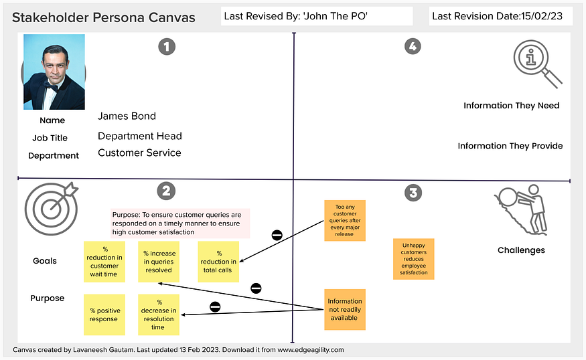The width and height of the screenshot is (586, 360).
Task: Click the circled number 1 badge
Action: [166, 46]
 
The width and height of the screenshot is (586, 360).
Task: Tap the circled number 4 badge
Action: [413, 46]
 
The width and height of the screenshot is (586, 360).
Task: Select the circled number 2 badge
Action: [166, 191]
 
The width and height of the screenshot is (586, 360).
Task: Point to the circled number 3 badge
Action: [413, 193]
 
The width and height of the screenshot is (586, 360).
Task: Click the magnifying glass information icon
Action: [537, 64]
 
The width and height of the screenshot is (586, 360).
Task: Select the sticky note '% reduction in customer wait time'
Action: [104, 261]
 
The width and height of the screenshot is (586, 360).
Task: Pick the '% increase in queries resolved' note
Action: [158, 261]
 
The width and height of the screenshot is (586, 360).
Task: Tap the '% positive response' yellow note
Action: [104, 314]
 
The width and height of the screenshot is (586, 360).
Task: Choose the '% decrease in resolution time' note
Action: [159, 314]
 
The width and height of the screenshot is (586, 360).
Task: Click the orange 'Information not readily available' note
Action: [344, 309]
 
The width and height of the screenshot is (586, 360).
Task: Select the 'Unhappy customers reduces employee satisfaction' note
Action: [414, 258]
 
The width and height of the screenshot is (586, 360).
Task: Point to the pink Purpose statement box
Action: [180, 223]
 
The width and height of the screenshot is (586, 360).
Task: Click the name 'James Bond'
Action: [127, 116]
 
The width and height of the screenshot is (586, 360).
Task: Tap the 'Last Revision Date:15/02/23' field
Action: [500, 16]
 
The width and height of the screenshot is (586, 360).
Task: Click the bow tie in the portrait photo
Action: [51, 85]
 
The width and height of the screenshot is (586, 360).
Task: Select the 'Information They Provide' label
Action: [510, 146]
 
